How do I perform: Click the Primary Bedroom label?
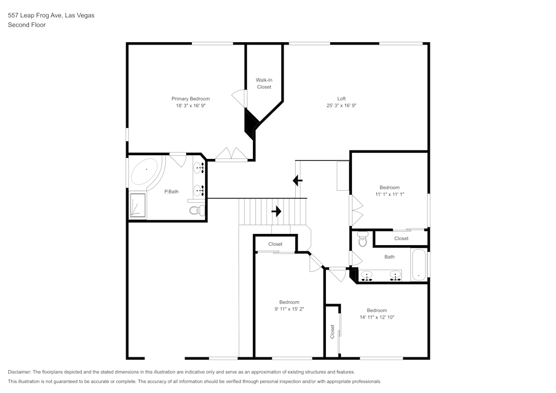point(190,98)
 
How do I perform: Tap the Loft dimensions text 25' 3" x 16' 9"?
point(341,106)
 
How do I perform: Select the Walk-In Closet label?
point(264,83)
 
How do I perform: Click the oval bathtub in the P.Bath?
point(145,172)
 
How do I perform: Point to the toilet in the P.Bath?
point(196,210)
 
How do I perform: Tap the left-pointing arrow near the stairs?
point(297,181)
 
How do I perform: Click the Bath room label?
point(389,257)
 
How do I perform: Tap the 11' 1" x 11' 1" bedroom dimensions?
point(389,195)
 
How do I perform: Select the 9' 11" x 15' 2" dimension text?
point(289,309)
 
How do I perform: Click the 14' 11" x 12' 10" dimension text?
point(376,317)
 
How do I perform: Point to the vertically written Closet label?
point(332,332)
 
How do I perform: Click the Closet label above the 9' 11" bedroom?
point(275,244)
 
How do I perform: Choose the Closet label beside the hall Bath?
point(401,238)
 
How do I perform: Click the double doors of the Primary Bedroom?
point(230,154)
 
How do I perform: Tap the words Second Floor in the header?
point(27,25)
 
